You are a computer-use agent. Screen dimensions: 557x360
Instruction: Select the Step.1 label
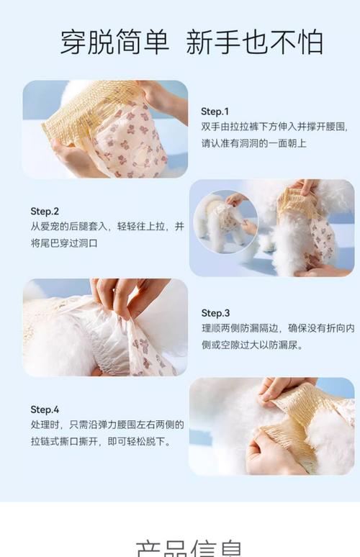(x=215, y=112)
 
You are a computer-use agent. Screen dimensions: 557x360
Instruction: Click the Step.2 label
(x=45, y=211)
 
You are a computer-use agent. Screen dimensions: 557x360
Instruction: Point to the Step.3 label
(x=215, y=313)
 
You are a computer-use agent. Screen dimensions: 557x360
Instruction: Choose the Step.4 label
(x=45, y=409)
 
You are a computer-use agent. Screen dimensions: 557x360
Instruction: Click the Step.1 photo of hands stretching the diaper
(x=105, y=130)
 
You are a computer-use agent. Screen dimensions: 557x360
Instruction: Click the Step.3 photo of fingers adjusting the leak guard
(x=105, y=327)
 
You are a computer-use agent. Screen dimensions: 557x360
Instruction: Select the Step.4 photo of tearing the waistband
(x=271, y=426)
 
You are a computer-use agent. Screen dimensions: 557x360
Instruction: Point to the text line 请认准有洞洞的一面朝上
(x=253, y=143)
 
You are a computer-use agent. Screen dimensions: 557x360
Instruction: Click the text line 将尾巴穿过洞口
(x=64, y=243)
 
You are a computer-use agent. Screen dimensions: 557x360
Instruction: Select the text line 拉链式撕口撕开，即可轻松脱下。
(x=100, y=441)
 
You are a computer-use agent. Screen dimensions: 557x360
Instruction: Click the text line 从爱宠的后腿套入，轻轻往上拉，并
(x=107, y=227)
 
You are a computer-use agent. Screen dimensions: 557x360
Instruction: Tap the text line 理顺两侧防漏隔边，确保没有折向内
(x=277, y=329)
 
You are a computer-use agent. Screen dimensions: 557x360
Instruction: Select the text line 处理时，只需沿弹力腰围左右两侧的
(x=107, y=425)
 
